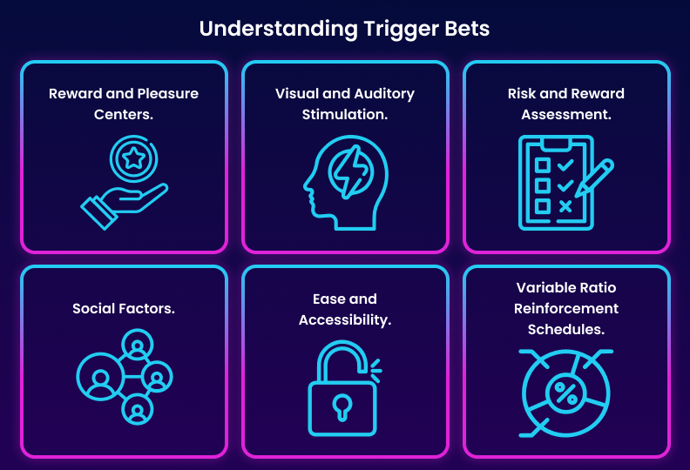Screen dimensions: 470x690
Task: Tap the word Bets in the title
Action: [466, 28]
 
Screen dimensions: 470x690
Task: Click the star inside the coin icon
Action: [133, 158]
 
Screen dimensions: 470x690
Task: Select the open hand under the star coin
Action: [122, 204]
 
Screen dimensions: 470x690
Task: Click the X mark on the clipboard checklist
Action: [565, 206]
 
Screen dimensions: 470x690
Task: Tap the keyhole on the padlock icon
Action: [342, 406]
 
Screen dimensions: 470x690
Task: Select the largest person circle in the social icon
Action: [100, 378]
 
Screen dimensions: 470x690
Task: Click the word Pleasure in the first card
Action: [166, 93]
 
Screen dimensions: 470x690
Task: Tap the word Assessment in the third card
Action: [566, 114]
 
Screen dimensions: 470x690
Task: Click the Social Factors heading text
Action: [124, 308]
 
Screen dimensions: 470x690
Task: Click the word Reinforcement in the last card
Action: [566, 308]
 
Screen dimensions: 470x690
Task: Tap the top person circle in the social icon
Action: [137, 345]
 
